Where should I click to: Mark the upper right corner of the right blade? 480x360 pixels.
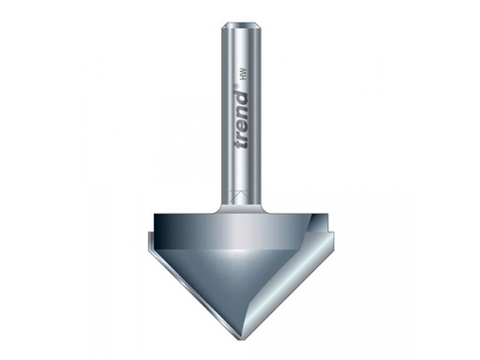337,222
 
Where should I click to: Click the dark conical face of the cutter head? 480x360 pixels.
234,272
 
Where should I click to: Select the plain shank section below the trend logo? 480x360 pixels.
240,178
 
